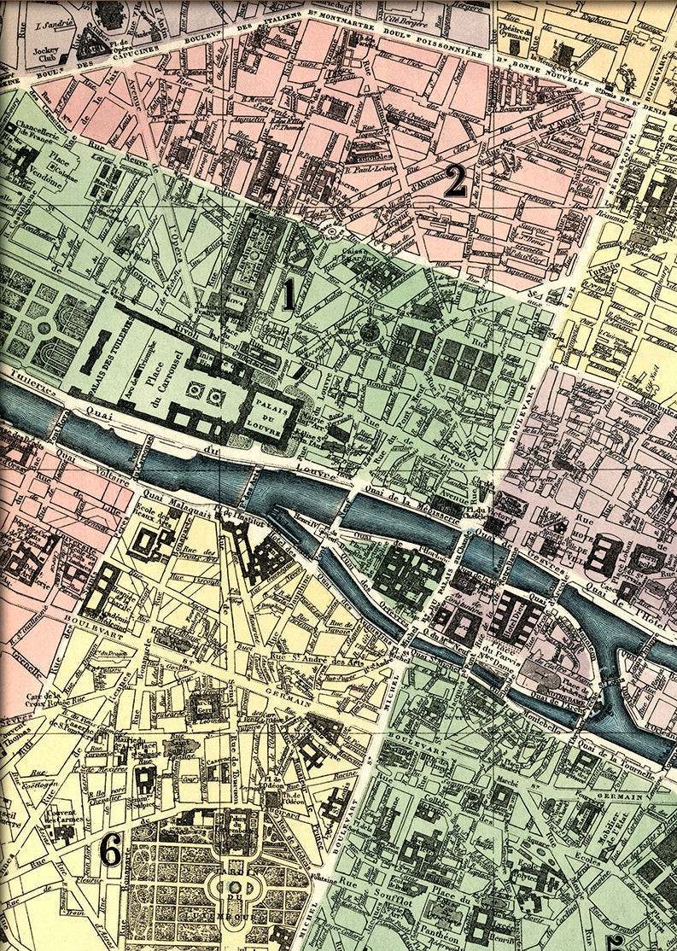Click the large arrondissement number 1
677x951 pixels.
289,295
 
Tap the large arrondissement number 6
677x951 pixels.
109,848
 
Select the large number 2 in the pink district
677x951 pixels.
455,182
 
